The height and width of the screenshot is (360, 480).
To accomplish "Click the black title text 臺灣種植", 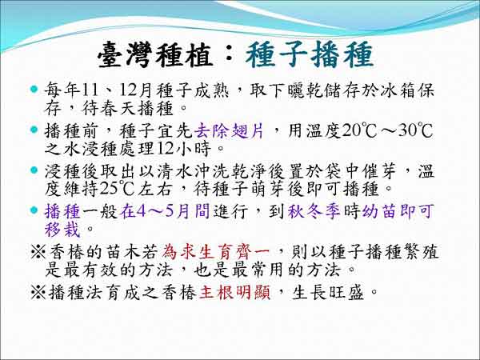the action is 155,55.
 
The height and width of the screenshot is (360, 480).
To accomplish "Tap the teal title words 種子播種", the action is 309,54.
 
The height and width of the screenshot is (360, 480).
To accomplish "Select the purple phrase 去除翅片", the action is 229,131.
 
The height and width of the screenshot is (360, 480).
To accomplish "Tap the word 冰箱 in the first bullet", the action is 397,91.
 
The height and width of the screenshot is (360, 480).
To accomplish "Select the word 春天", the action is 108,109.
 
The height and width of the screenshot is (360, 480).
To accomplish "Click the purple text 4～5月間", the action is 165,211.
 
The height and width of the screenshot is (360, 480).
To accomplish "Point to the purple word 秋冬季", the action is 314,211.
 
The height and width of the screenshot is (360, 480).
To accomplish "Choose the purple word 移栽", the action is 62,230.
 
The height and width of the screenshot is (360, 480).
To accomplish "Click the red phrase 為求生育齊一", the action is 216,252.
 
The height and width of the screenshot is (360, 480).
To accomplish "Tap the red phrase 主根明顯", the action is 234,293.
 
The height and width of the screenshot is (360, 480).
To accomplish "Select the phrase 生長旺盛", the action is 328,293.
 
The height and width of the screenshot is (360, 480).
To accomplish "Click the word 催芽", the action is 379,171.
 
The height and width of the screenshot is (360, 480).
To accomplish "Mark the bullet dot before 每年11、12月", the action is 34,90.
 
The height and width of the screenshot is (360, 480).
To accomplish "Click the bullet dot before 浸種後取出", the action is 34,170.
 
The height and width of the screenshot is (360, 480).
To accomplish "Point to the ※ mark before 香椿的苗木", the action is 38,253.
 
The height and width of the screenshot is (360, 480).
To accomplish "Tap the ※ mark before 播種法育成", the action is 38,293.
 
